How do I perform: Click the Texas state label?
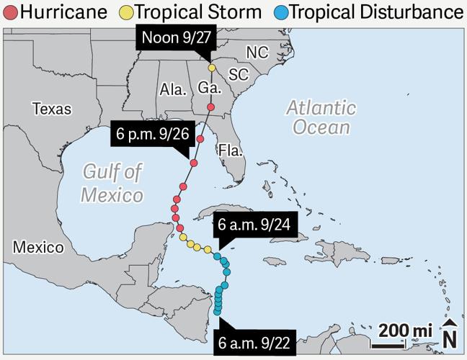coord(52,109)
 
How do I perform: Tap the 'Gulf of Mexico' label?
coord(112,183)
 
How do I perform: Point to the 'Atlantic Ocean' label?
coord(321,117)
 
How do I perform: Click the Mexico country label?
coord(38,248)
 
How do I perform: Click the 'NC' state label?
coord(257,53)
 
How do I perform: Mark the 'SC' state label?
coord(238,75)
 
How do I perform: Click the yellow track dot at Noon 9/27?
coord(212,68)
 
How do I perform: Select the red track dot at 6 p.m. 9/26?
coord(194,162)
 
